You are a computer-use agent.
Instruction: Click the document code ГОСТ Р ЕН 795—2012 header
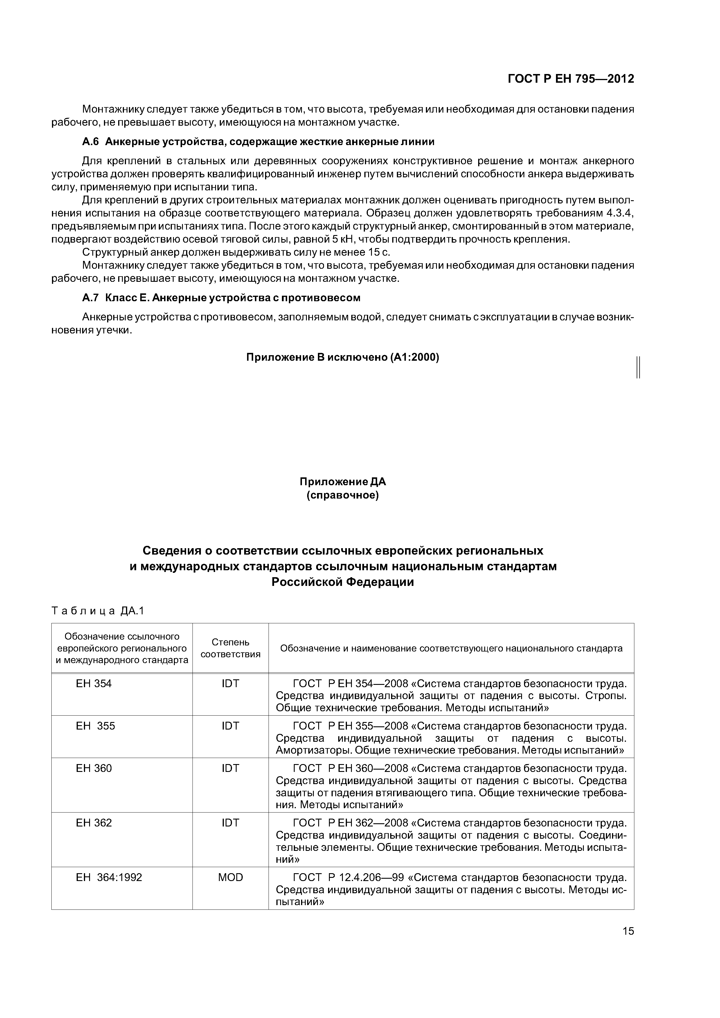[570, 79]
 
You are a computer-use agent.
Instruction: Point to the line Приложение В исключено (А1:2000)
[343, 357]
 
